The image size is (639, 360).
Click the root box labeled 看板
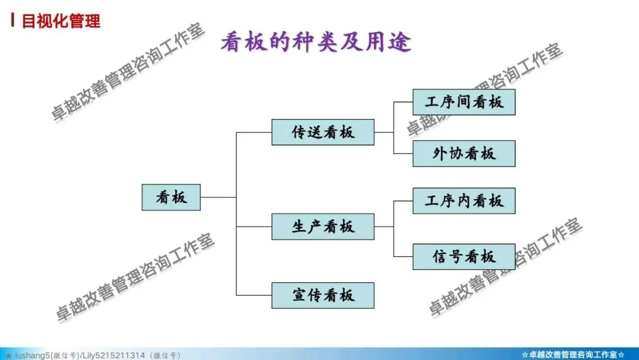pyautogui.click(x=171, y=197)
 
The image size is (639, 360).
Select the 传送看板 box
pyautogui.click(x=322, y=132)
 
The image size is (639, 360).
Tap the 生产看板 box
pyautogui.click(x=322, y=227)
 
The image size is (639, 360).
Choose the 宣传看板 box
pyautogui.click(x=322, y=295)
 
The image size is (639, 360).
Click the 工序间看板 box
pyautogui.click(x=464, y=102)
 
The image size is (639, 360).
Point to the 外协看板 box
pyautogui.click(x=464, y=153)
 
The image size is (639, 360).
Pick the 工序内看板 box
pyautogui.click(x=464, y=201)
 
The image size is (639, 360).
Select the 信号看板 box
pyautogui.click(x=464, y=256)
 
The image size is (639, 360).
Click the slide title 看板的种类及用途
pyautogui.click(x=316, y=43)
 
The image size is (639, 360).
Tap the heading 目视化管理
pyautogui.click(x=61, y=21)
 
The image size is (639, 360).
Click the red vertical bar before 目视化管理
pyautogui.click(x=13, y=21)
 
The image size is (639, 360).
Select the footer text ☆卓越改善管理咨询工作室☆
pyautogui.click(x=573, y=355)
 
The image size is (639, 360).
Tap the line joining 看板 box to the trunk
pyautogui.click(x=218, y=197)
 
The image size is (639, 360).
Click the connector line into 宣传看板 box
pyautogui.click(x=254, y=295)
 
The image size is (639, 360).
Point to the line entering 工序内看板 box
pyautogui.click(x=403, y=201)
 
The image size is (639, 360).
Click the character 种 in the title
pyautogui.click(x=316, y=43)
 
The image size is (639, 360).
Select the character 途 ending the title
pyautogui.click(x=401, y=43)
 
